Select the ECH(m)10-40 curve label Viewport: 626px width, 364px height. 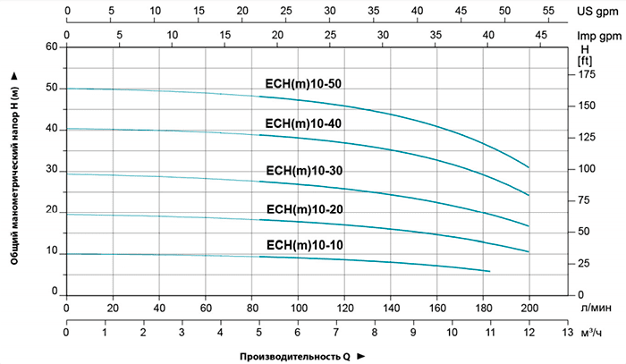click(x=304, y=123)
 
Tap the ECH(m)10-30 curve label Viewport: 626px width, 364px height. click(x=304, y=171)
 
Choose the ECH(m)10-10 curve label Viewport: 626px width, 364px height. click(x=304, y=244)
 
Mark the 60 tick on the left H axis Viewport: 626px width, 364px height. click(x=51, y=47)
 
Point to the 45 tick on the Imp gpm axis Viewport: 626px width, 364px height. click(x=541, y=34)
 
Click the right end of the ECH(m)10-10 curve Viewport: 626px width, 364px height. click(x=490, y=271)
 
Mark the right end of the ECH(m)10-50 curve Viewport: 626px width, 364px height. click(x=529, y=168)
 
